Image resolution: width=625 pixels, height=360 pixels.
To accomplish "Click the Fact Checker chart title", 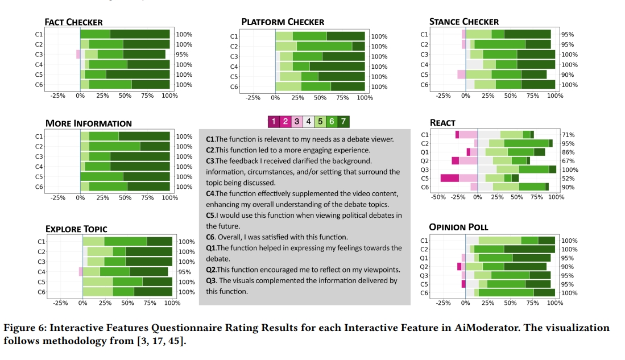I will coord(74,22).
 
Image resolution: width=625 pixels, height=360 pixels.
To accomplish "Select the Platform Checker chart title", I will coord(283,22).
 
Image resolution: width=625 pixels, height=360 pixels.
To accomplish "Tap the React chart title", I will coord(442,123).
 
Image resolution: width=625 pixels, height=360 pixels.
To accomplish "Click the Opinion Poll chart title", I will coord(458,227).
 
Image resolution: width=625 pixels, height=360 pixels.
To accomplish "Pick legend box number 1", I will coord(274,121).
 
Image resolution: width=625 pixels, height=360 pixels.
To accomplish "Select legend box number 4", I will coord(308,121).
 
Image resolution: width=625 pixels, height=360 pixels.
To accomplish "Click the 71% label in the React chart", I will coord(568,135).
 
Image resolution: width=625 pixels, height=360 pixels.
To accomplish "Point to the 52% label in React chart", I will coord(568,179).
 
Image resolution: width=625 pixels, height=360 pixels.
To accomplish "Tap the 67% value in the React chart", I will coord(568,161).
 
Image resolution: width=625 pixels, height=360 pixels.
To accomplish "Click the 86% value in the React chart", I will coord(568,152).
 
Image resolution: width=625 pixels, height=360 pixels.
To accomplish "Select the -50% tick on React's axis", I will coord(438,197).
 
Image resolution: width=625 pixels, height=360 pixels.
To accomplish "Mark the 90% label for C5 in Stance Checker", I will coord(568,75).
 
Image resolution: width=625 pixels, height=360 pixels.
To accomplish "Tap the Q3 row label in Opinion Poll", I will coord(424,276).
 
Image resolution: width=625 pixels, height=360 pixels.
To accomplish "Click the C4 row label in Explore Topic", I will coord(42,272).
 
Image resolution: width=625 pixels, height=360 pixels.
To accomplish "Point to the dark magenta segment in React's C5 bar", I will coord(449,179).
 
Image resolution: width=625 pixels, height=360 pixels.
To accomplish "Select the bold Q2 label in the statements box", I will coord(211,270).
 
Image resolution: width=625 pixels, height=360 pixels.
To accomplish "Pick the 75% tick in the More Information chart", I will coord(147,198).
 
